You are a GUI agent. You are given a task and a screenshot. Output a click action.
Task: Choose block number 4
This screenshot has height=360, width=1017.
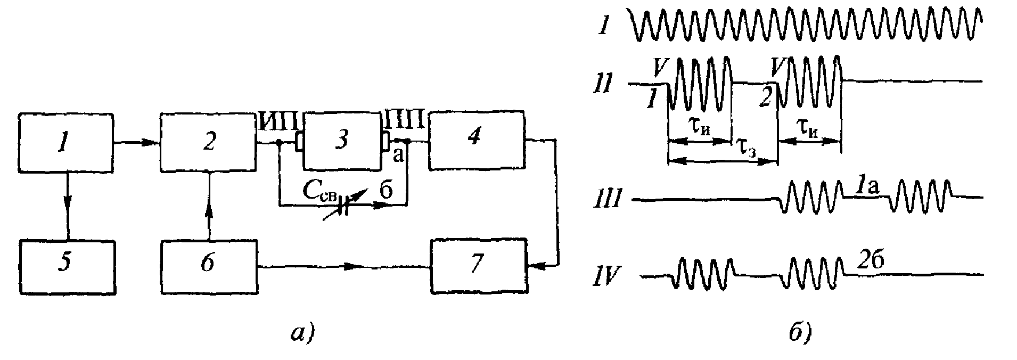coord(476,140)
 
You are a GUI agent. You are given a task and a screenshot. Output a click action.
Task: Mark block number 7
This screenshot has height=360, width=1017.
coord(479,265)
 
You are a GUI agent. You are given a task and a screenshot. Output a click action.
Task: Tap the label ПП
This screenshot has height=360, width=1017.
coord(407,119)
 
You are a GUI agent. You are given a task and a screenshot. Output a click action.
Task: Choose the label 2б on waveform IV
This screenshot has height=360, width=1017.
coord(870,259)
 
